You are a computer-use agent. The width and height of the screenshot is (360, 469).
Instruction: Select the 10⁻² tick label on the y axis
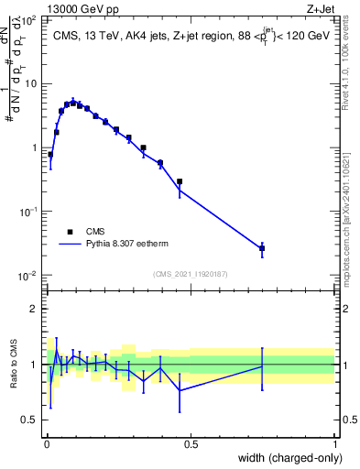point(31,276)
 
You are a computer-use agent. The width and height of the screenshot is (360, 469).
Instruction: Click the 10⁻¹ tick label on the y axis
point(31,212)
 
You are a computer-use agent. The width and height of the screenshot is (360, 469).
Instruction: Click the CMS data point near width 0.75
point(262,248)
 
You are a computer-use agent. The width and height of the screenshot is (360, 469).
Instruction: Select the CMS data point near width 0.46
point(180,181)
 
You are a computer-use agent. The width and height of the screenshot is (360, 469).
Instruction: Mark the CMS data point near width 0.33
point(143,147)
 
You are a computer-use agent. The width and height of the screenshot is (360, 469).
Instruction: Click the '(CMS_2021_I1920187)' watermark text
point(190,273)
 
